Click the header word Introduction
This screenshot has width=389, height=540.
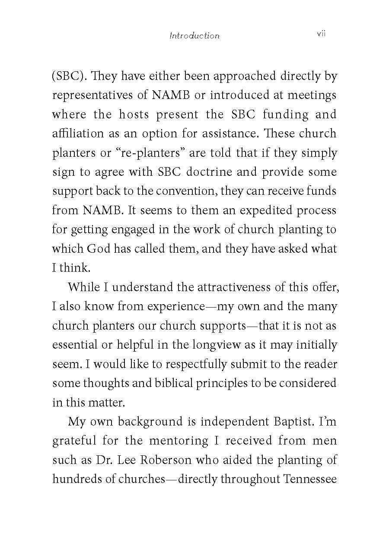[x=194, y=36]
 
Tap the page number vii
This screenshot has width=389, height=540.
[x=321, y=34]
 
